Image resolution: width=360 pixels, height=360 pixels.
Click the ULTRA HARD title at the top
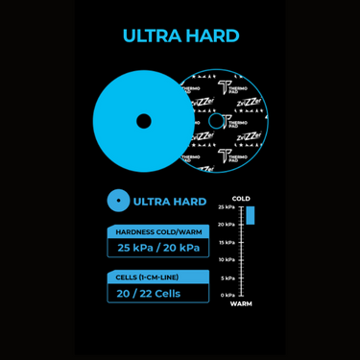pos(180,36)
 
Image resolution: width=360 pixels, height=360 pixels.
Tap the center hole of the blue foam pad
pos(143,121)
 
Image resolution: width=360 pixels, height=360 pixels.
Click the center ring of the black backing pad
pos(215,121)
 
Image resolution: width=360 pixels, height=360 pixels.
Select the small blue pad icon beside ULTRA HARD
pos(118,201)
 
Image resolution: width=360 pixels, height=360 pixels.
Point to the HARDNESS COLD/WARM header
pos(157,231)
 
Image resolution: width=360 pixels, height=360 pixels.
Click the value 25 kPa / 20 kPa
pos(157,248)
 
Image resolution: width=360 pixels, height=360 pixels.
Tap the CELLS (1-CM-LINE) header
pos(157,277)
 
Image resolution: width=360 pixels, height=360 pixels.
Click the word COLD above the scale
pos(241,199)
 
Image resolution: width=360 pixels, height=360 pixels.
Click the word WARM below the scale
pos(241,303)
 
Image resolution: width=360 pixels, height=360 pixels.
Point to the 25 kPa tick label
pos(226,207)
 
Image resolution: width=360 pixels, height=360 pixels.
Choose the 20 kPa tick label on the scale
pos(226,225)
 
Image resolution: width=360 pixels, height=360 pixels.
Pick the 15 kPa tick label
pos(226,242)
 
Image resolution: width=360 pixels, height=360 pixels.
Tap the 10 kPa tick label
pos(226,259)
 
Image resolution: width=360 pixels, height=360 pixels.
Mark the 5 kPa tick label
pos(228,277)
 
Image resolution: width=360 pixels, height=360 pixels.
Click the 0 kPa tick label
pos(228,295)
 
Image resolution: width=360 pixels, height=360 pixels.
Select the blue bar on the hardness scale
pos(251,215)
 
